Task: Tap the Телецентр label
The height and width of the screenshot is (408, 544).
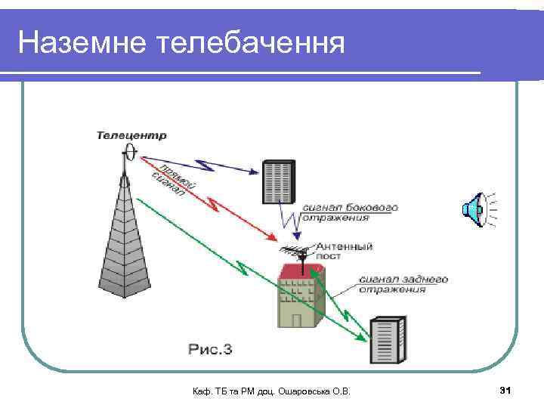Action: click(131, 136)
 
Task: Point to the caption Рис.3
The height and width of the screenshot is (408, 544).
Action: click(210, 349)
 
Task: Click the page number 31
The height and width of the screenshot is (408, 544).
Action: click(505, 390)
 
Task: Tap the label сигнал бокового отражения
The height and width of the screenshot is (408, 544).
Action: click(349, 212)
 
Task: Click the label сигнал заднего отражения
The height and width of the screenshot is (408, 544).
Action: click(403, 284)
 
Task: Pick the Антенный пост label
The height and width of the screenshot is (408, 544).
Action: click(343, 251)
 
